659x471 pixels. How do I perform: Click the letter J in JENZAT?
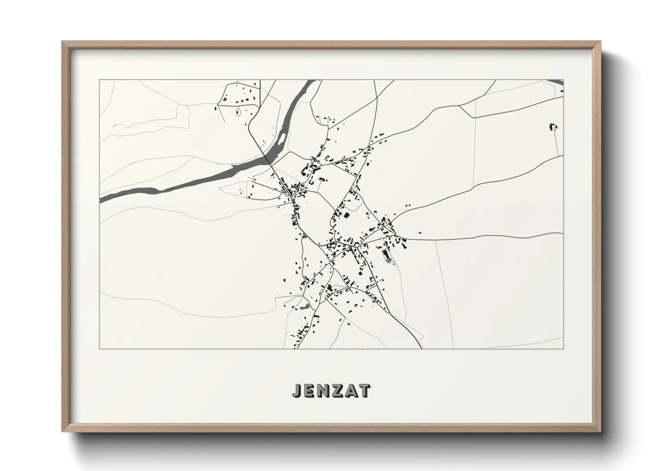click(296, 390)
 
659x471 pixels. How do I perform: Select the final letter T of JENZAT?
click(365, 390)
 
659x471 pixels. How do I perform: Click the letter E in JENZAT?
click(308, 390)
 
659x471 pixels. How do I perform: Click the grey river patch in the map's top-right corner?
click(557, 82)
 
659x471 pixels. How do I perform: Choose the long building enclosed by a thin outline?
click(386, 255)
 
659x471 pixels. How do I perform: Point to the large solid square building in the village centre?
click(346, 215)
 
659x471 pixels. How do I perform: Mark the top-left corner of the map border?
click(100, 80)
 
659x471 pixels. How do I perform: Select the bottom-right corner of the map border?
click(564, 349)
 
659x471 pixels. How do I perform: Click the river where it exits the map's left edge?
click(101, 199)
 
